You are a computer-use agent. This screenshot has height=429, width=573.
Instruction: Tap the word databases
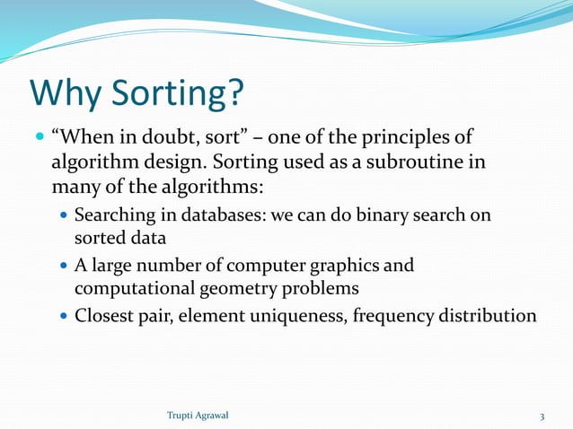[213, 217]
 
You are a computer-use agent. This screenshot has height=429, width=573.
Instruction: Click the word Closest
[105, 317]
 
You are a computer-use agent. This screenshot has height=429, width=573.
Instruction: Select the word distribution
[497, 317]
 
